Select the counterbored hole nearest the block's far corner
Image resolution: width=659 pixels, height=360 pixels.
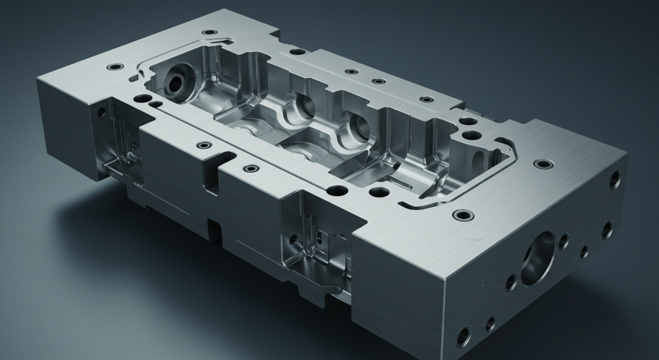pyautogui.click(x=208, y=32)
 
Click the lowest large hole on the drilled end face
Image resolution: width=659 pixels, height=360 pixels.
pyautogui.click(x=463, y=334)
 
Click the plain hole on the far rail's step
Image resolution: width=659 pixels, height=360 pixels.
pyautogui.click(x=297, y=51)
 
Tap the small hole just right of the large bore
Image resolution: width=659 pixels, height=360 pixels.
pyautogui.click(x=564, y=242)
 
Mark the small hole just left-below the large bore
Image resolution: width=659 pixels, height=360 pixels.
pyautogui.click(x=511, y=281)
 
